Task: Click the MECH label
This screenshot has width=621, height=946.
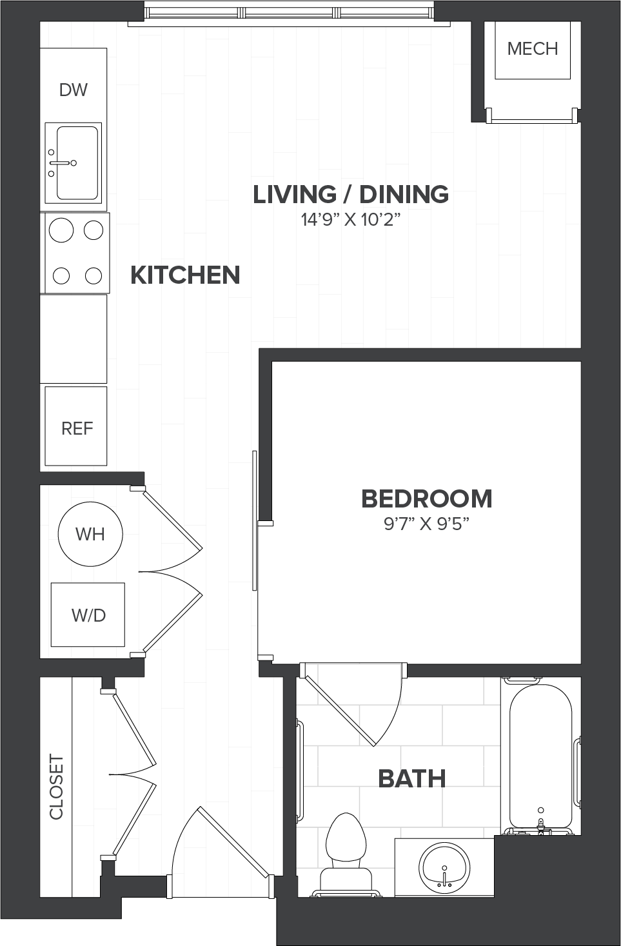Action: (532, 49)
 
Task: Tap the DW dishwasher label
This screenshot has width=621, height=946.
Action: (74, 90)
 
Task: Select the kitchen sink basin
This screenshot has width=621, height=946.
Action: (77, 163)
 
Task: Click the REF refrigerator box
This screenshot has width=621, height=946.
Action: (76, 426)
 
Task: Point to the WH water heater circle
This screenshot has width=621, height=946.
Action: (90, 534)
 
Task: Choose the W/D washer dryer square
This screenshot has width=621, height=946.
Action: (88, 615)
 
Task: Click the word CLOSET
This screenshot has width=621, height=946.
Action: (56, 787)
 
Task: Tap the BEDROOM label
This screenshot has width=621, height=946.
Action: (427, 498)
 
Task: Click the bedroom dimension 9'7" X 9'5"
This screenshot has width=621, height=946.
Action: (427, 524)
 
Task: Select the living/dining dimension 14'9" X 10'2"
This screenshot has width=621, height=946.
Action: (351, 220)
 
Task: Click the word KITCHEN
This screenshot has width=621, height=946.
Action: (185, 275)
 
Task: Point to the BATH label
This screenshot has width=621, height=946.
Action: (412, 779)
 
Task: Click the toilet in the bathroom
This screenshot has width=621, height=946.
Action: (346, 855)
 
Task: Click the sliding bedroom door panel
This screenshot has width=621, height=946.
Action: (255, 520)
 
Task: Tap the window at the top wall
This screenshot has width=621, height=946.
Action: (289, 14)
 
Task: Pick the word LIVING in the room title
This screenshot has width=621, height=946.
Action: (295, 194)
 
